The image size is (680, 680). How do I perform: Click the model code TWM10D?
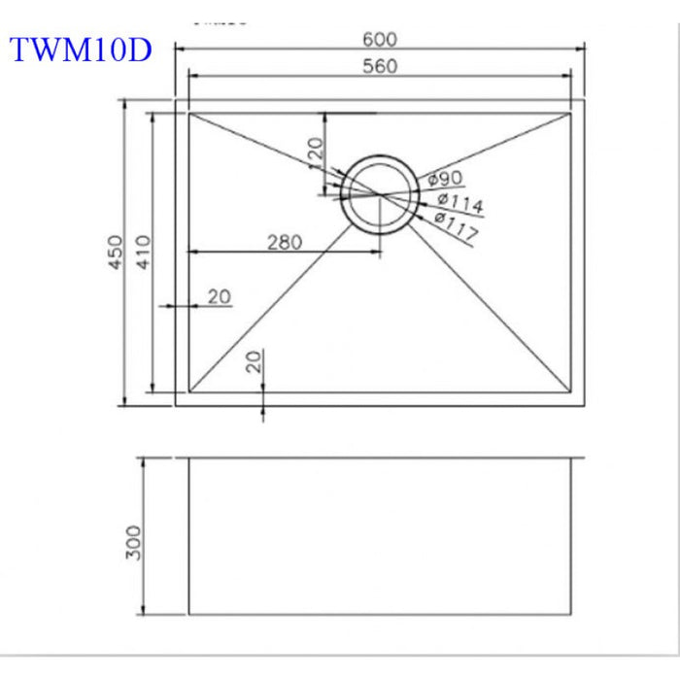tap(81, 51)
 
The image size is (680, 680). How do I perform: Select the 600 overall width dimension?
tap(380, 39)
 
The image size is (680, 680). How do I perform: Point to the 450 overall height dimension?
tap(116, 253)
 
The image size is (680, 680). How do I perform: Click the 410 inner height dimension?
tap(142, 253)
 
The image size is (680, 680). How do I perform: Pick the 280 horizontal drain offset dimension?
tap(284, 242)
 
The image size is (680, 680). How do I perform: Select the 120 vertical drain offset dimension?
tap(315, 150)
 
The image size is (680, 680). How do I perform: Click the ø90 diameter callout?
tap(444, 179)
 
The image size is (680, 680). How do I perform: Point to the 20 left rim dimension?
tap(220, 296)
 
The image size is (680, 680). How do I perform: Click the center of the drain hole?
tap(380, 194)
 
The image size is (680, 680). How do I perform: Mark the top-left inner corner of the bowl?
tap(188, 113)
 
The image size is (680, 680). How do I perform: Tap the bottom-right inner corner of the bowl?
tap(571, 393)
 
